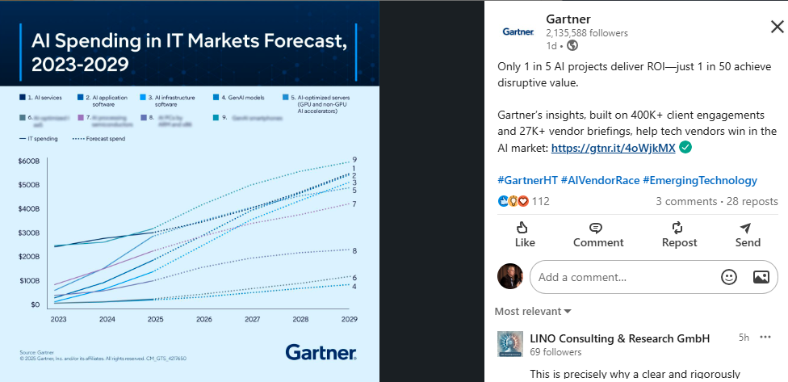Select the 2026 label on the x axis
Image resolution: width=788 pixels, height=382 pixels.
coord(203,319)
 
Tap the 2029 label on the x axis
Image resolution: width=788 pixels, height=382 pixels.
coord(349,319)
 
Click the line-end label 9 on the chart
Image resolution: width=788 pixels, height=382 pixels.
coord(354,160)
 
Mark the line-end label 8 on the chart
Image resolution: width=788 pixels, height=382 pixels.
coord(354,251)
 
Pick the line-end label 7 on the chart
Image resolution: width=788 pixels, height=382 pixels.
coord(354,204)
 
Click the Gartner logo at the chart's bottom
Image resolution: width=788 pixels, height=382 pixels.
coord(321,352)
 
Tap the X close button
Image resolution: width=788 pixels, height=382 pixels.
coord(777,27)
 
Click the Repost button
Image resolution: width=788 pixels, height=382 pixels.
coord(679,234)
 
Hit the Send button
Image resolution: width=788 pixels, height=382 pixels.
coord(748,234)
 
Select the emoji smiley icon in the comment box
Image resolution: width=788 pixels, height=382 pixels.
coord(729,277)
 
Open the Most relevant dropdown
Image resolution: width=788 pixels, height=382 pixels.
coord(533,311)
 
